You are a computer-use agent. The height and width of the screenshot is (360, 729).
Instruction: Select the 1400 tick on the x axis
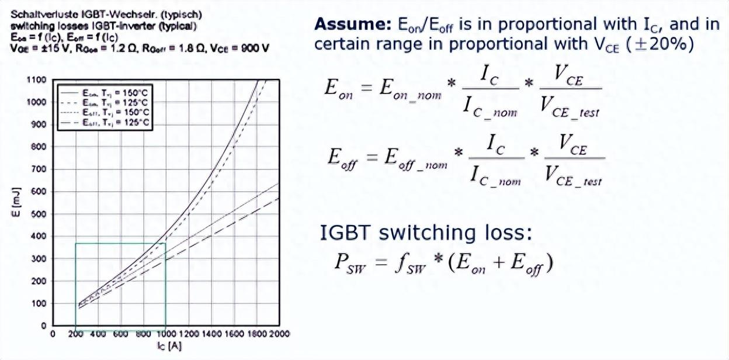(211, 334)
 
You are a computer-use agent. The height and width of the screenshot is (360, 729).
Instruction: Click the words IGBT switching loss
(426, 233)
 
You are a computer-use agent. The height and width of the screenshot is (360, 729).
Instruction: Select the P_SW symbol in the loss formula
(349, 264)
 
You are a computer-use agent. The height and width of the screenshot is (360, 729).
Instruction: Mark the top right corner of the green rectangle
(166, 243)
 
